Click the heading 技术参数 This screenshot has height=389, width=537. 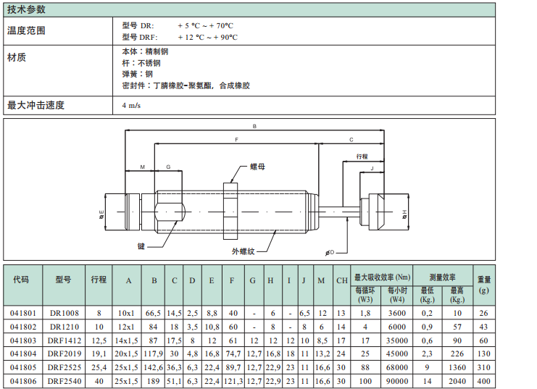pyautogui.click(x=26, y=9)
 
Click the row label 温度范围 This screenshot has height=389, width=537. pyautogui.click(x=26, y=30)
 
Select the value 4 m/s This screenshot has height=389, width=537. pyautogui.click(x=132, y=106)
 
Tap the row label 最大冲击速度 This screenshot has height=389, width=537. pyautogui.click(x=36, y=106)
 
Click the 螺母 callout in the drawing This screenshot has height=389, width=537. pyautogui.click(x=257, y=167)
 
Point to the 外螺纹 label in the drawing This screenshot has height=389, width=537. pyautogui.click(x=243, y=251)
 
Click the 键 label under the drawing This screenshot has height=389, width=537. pyautogui.click(x=141, y=246)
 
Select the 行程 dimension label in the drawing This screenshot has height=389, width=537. pyautogui.click(x=363, y=156)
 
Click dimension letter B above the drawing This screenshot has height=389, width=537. pyautogui.click(x=254, y=127)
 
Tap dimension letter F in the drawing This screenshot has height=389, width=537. pyautogui.click(x=237, y=140)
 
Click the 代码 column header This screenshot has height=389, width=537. pyautogui.click(x=21, y=280)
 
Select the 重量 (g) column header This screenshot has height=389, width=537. pyautogui.click(x=483, y=284)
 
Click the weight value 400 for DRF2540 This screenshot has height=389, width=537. pyautogui.click(x=483, y=380)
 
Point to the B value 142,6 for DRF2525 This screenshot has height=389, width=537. pyautogui.click(x=154, y=367)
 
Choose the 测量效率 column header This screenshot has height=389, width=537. pyautogui.click(x=442, y=277)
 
